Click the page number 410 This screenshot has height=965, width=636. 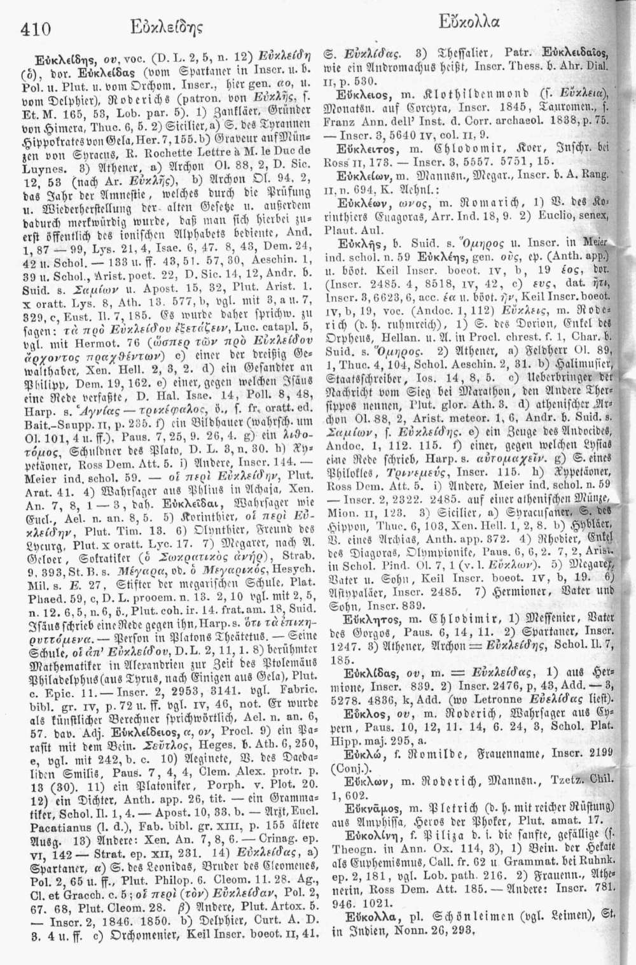[36, 28]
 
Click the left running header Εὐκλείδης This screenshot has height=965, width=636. [160, 27]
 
